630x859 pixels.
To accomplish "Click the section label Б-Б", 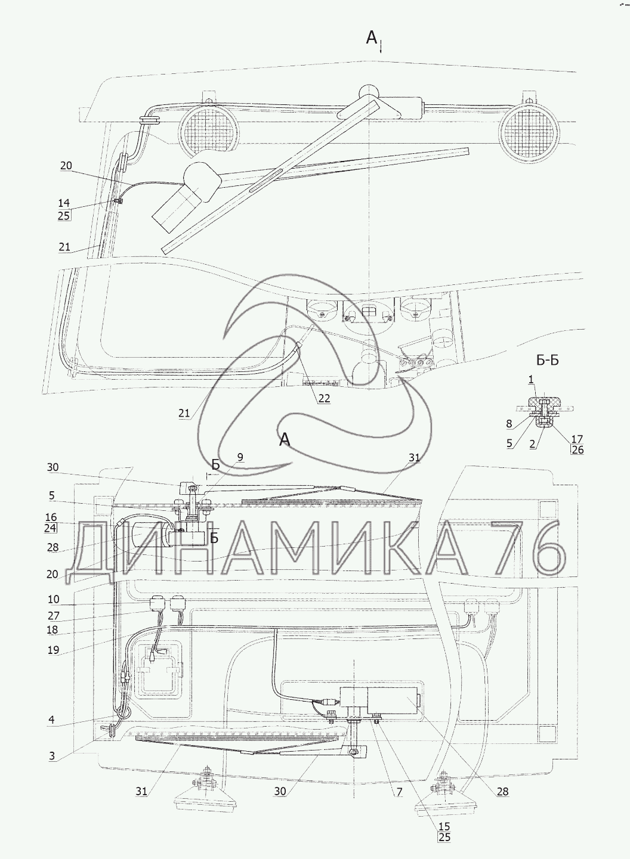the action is [x=548, y=361].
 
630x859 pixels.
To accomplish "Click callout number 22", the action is [x=324, y=398].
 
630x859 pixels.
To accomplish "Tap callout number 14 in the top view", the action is [x=64, y=203].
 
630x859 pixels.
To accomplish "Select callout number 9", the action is [x=240, y=457].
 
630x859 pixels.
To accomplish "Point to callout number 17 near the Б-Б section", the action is [x=577, y=439].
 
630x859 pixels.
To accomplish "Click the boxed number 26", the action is [x=577, y=450].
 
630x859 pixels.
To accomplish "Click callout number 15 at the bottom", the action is [x=444, y=826].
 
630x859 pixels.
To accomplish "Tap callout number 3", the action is [x=52, y=756].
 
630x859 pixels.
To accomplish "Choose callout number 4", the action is [x=51, y=720].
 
